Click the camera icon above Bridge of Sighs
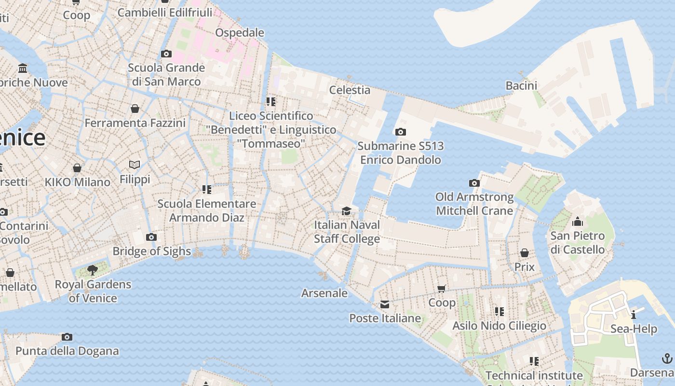[x=151, y=237]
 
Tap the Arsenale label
[x=324, y=293]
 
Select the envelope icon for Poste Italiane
[x=385, y=304]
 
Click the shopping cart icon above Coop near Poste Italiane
[x=442, y=289]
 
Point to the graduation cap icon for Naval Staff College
[x=346, y=211]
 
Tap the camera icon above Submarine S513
[x=400, y=132]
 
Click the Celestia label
[x=350, y=90]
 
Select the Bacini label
[x=521, y=85]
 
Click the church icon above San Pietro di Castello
[x=577, y=222]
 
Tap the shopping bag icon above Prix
[x=525, y=253]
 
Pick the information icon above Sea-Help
[x=634, y=315]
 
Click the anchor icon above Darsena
[x=667, y=358]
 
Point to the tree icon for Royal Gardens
[x=93, y=270]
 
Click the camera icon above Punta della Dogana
[x=67, y=337]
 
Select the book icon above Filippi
[x=135, y=165]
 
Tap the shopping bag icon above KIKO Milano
[x=77, y=168]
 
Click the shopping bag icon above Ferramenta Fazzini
[x=135, y=109]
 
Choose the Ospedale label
[x=240, y=32]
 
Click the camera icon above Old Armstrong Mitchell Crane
[x=474, y=183]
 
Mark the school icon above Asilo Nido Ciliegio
[x=499, y=312]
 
